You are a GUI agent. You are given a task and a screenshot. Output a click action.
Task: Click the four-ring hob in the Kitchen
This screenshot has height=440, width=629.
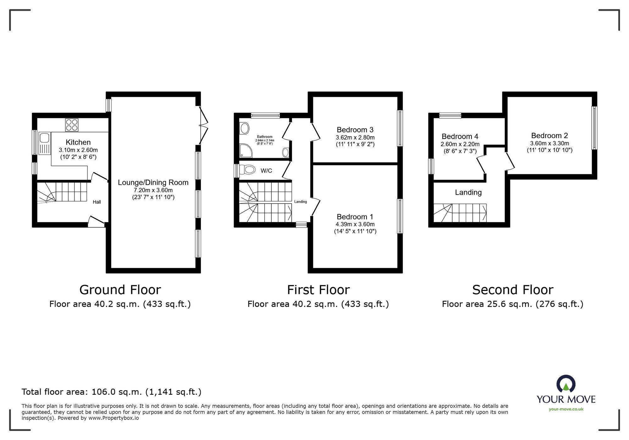pos(72,125)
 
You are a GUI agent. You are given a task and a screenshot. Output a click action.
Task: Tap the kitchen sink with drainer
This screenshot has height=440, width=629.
pos(44,143)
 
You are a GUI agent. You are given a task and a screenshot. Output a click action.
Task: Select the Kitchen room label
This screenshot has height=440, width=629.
pos(78,142)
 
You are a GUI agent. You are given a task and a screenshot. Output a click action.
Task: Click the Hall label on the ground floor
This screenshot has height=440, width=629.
pos(97,202)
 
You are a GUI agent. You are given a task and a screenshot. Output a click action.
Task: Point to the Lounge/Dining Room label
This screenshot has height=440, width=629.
pos(153,182)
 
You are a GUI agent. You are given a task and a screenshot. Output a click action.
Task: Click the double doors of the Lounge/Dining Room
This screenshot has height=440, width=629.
pos(203,125)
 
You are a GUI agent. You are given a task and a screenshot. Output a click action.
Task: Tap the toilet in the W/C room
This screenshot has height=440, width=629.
pos(247,170)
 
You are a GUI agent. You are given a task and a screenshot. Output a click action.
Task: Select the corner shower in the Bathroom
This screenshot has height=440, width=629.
pos(245,151)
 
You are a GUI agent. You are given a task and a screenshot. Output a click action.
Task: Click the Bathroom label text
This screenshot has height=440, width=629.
pos(264,137)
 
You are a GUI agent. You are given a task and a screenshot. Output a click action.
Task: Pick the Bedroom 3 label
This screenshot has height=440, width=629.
pos(355,130)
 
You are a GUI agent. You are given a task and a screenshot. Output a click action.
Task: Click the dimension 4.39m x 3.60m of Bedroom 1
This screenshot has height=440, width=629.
pos(355,224)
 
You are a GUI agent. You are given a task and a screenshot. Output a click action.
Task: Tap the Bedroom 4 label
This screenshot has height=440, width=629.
pos(459,136)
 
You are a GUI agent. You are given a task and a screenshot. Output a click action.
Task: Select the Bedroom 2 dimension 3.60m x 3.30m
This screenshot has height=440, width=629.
pos(549,143)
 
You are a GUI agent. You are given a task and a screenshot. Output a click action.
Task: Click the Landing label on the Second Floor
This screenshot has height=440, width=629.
pos(468,192)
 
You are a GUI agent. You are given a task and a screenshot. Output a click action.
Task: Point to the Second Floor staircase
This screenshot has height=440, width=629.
pos(460,213)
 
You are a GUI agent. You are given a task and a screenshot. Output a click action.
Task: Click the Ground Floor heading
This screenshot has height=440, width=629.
pos(120,290)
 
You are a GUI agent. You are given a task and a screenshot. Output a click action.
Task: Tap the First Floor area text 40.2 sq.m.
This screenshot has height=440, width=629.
pos(318,304)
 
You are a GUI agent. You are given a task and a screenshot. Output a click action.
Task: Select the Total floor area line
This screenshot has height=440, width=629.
pos(111,392)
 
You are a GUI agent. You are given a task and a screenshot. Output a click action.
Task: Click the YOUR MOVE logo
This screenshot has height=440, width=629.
pos(566,390)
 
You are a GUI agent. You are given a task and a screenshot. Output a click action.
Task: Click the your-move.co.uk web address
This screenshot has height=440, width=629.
pos(566,409)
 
